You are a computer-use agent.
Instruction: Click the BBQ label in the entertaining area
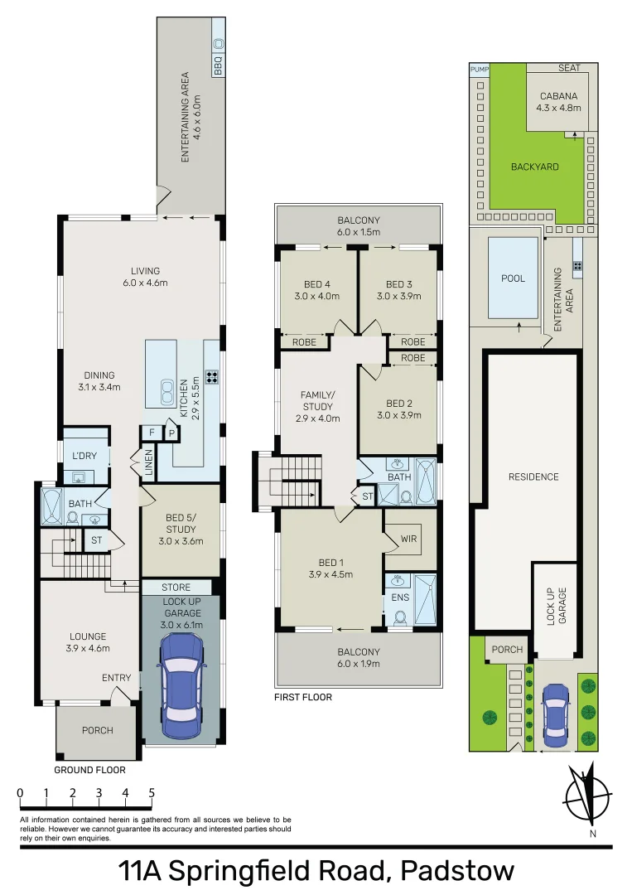[x=219, y=65]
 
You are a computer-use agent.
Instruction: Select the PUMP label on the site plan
[x=480, y=70]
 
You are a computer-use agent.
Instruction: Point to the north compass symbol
[x=587, y=796]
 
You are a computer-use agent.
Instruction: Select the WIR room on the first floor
[x=408, y=538]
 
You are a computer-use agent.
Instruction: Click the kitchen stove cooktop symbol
[x=212, y=377]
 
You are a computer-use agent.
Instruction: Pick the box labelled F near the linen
[x=152, y=433]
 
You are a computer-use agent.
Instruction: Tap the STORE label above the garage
[x=176, y=588]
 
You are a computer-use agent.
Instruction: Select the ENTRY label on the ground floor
[x=117, y=678]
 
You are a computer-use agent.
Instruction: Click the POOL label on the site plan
[x=513, y=278]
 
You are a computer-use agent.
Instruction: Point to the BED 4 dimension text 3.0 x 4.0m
[x=317, y=296]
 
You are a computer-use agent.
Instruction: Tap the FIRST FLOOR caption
[x=303, y=697]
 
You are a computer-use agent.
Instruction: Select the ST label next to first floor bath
[x=367, y=496]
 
